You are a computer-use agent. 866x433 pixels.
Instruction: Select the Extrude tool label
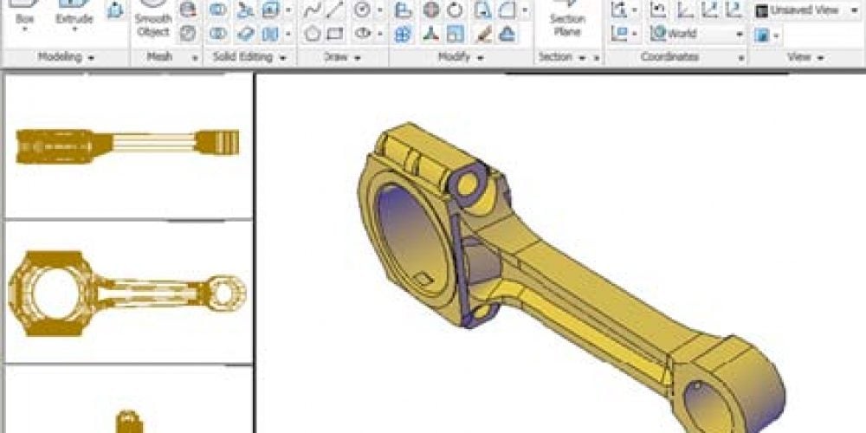tap(74, 18)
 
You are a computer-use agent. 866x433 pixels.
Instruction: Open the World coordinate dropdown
tap(697, 34)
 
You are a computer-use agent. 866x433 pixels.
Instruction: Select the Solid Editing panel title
tap(246, 57)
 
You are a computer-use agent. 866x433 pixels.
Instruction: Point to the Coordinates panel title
tap(669, 57)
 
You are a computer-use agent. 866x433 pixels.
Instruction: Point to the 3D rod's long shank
tap(589, 299)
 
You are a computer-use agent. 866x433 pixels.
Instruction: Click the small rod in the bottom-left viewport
tap(128, 421)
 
